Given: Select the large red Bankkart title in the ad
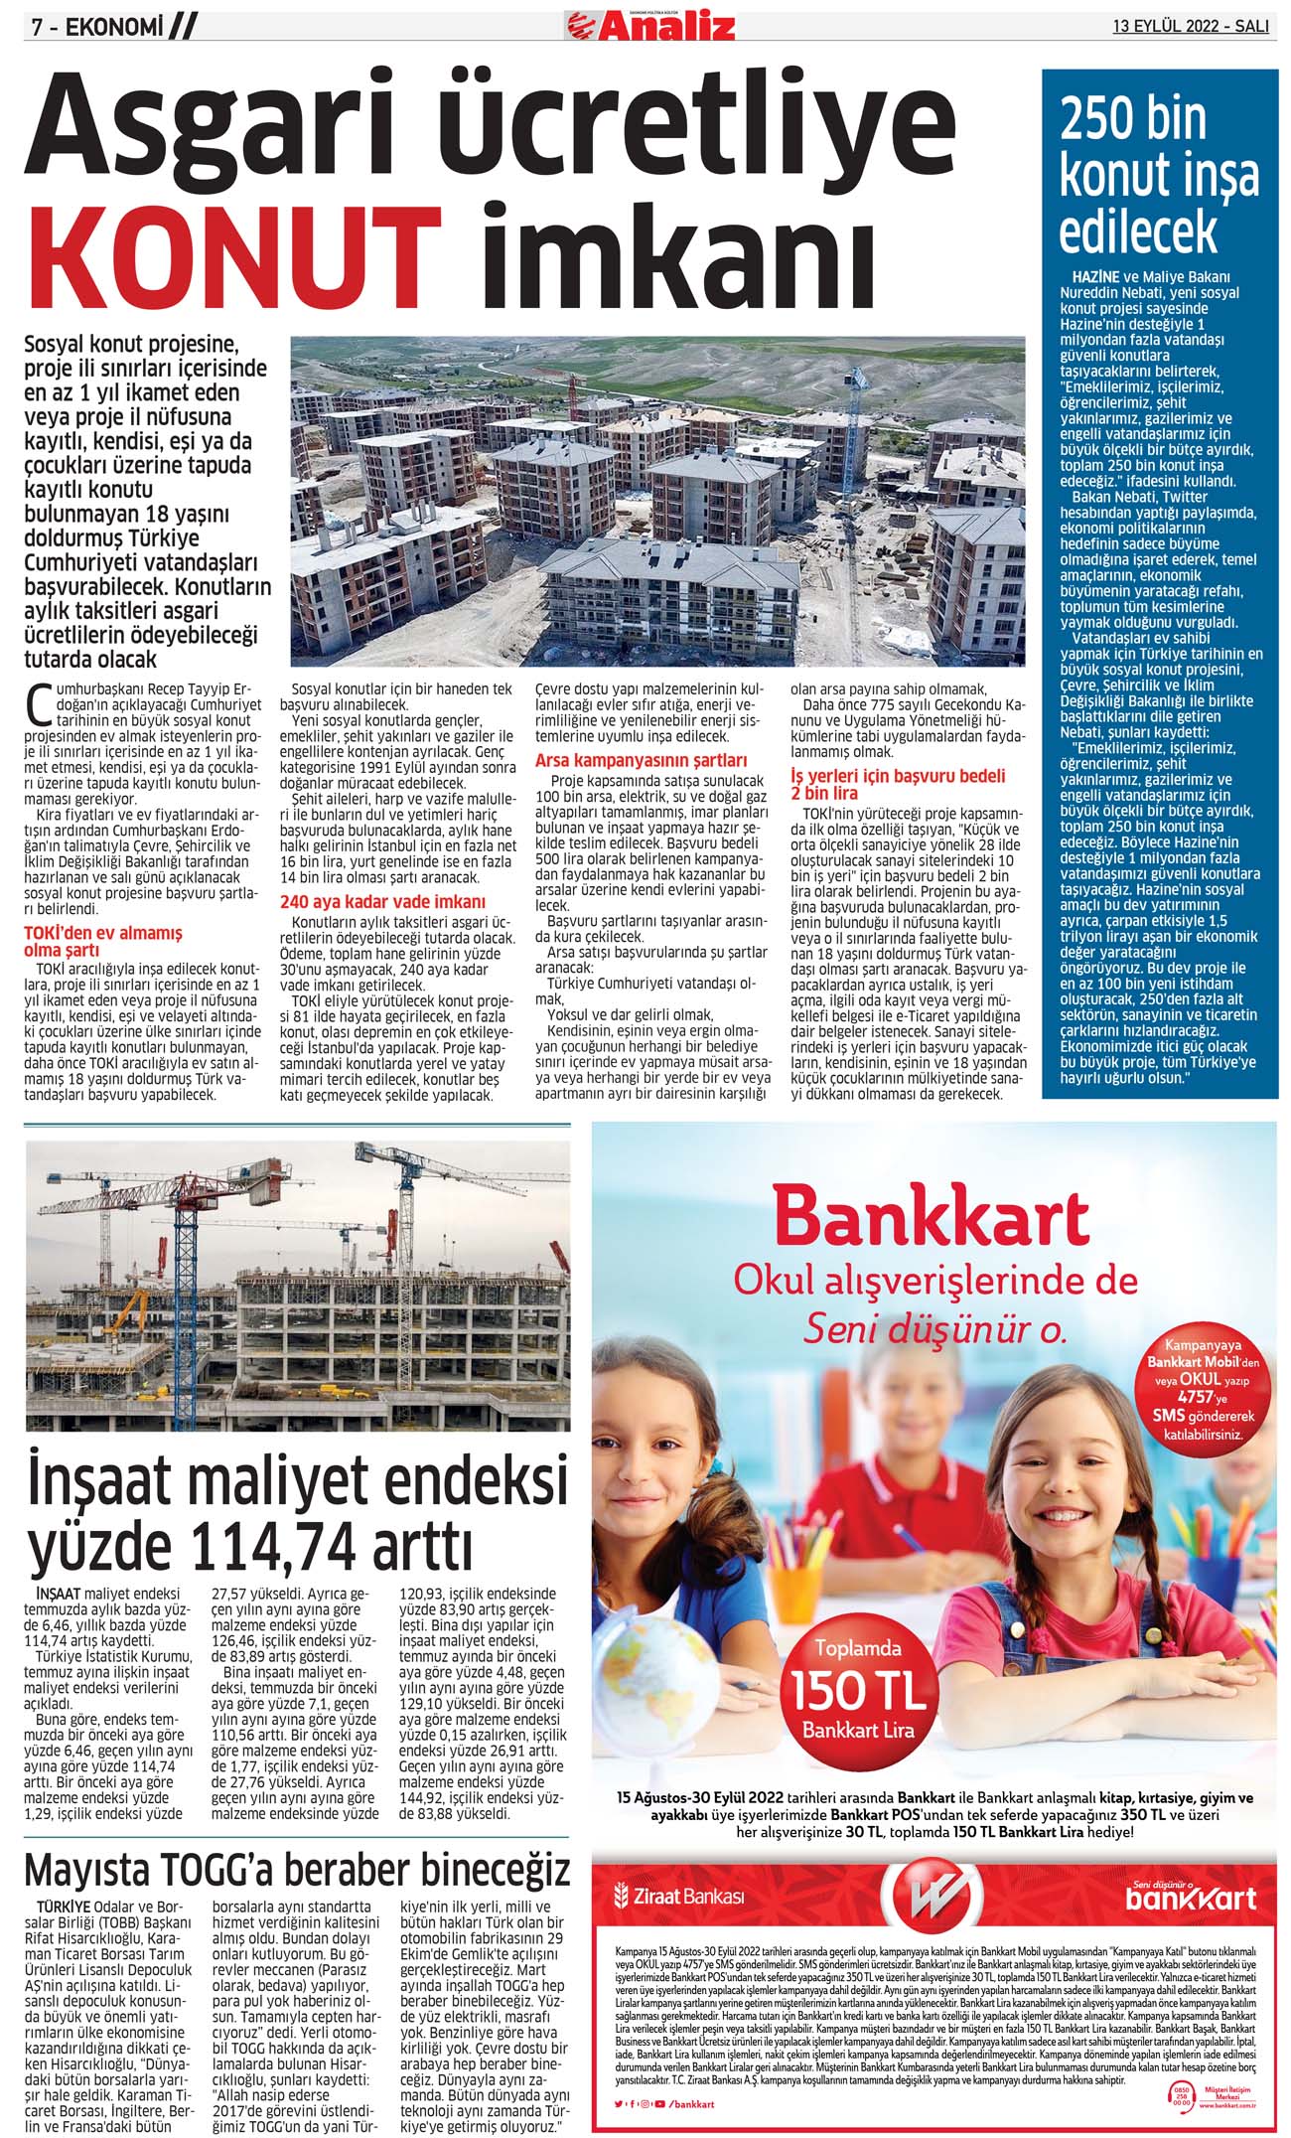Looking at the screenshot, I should click(x=931, y=1217).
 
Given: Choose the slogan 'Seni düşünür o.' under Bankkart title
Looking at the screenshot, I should click(x=933, y=1328).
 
